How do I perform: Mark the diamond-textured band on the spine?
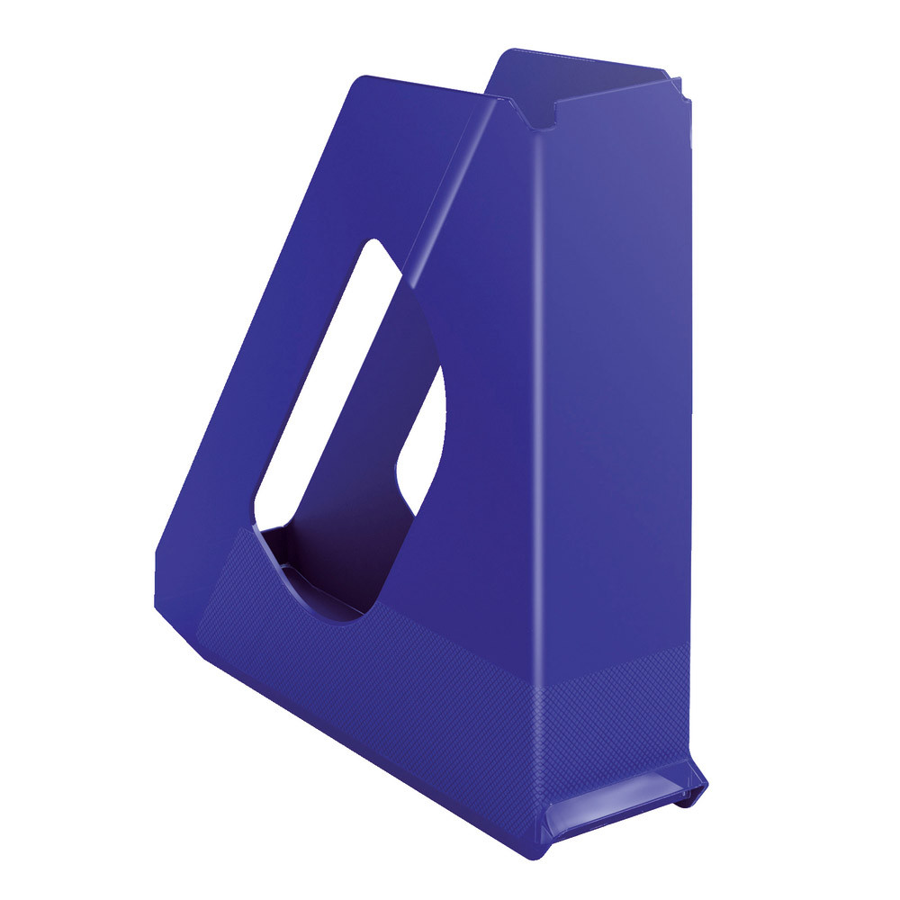tap(621, 711)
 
